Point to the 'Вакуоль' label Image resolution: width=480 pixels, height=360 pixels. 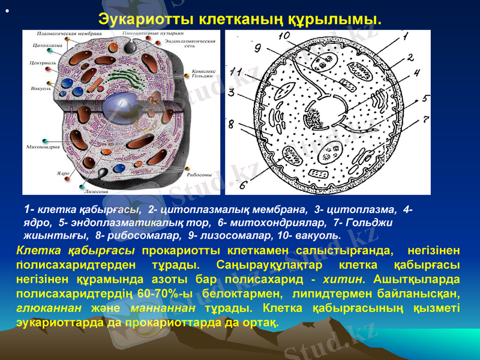(40, 89)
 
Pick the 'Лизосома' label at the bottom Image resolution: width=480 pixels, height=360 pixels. (96, 191)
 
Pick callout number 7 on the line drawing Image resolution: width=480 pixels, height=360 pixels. (426, 119)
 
